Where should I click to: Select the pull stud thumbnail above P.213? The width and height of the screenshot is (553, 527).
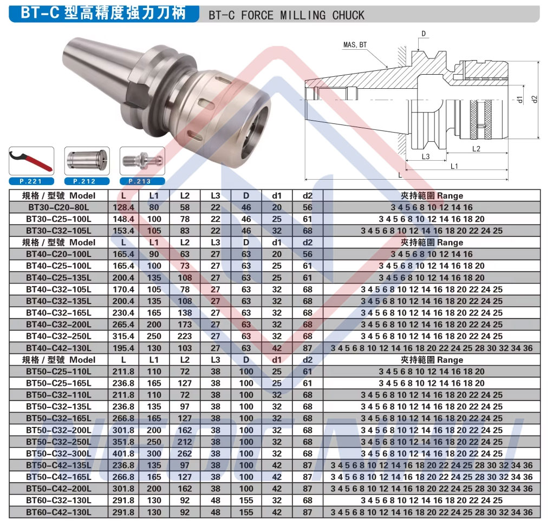pos(142,161)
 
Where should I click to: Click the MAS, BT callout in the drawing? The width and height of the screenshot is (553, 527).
pos(355,45)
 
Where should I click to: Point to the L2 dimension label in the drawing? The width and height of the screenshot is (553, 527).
pos(476,149)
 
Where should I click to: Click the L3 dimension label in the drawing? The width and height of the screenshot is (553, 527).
pos(426,156)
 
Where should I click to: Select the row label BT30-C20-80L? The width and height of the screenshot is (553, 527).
pos(58,207)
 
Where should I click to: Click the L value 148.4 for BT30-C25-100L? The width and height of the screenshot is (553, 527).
pos(123,219)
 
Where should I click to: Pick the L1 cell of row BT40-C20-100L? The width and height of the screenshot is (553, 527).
pos(154,254)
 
